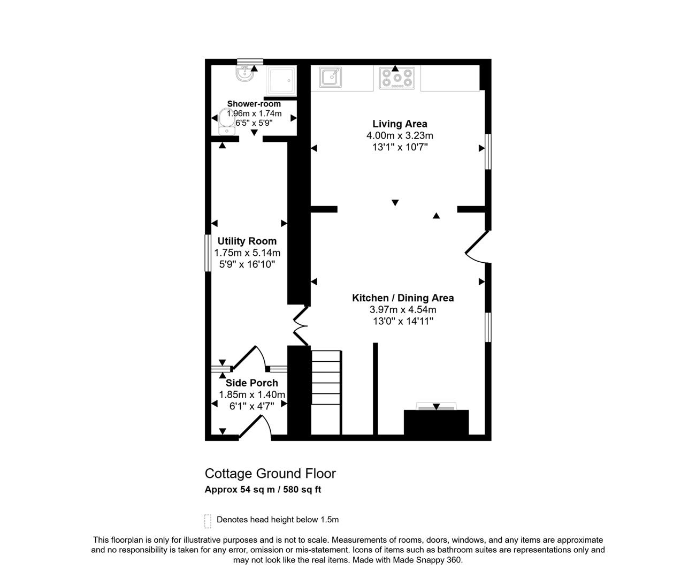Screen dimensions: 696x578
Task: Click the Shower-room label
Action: [x=254, y=104]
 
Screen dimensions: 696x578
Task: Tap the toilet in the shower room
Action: [x=227, y=121]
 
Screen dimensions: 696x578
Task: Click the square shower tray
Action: [x=281, y=80]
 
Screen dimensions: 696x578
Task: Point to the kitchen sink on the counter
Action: [x=330, y=77]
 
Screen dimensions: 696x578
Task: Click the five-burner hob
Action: [x=396, y=78]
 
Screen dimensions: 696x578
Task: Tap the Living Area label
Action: [x=400, y=124]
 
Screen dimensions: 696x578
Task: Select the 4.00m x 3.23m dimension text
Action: [x=400, y=135]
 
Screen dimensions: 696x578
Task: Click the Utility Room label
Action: [x=247, y=241]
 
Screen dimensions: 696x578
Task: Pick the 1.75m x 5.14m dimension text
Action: [x=247, y=253]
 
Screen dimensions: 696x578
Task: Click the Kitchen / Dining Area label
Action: [x=403, y=298]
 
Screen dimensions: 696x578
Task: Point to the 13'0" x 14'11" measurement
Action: [x=403, y=321]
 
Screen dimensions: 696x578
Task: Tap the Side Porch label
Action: [x=251, y=383]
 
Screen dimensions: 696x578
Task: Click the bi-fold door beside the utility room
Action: [x=301, y=326]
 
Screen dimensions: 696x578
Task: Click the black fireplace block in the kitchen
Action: [x=436, y=422]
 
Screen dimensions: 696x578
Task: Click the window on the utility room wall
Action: [x=208, y=253]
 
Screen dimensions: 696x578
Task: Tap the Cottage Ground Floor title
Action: [x=270, y=473]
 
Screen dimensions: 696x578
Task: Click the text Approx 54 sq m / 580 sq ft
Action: [x=263, y=489]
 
